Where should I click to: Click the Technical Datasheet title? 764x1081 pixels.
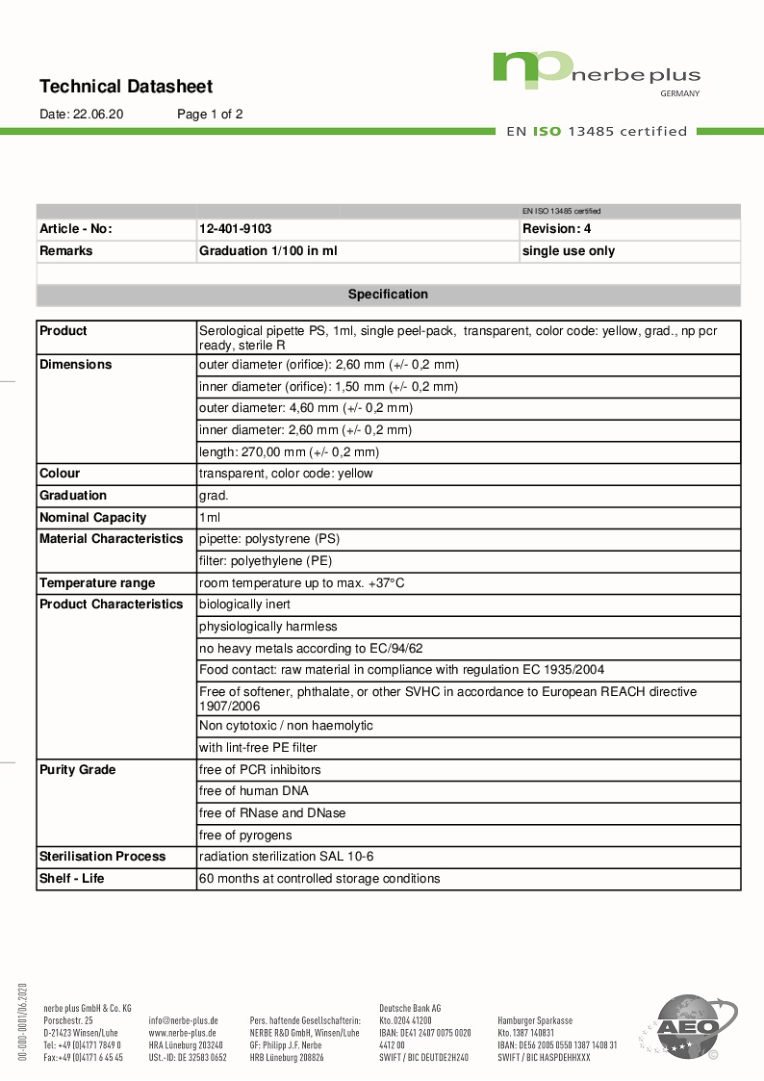point(126,87)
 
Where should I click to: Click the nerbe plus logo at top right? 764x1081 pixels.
point(597,73)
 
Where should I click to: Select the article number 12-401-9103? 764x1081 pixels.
point(235,229)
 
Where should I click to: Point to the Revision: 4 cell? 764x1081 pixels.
point(556,229)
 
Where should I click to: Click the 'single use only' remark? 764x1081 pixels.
point(568,251)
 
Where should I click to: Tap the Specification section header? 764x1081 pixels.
point(388,295)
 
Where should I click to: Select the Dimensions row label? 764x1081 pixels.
point(76,365)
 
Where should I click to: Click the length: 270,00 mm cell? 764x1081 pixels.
point(289,451)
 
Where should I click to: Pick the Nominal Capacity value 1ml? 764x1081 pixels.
point(210,518)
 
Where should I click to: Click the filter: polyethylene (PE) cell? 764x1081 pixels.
point(265,561)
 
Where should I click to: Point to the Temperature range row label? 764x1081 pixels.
point(97,583)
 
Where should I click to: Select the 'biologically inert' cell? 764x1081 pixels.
point(244,605)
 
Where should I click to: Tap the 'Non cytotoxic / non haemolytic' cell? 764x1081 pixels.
point(286,726)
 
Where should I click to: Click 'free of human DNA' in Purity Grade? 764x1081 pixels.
point(254,791)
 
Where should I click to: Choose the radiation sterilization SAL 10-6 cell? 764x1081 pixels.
point(286,857)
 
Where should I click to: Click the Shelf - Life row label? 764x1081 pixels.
point(72,879)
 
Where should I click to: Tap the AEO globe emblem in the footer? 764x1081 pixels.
point(686,1026)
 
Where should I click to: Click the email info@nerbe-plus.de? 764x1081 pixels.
point(183,1020)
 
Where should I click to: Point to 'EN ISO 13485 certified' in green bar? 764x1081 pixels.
point(597,131)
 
